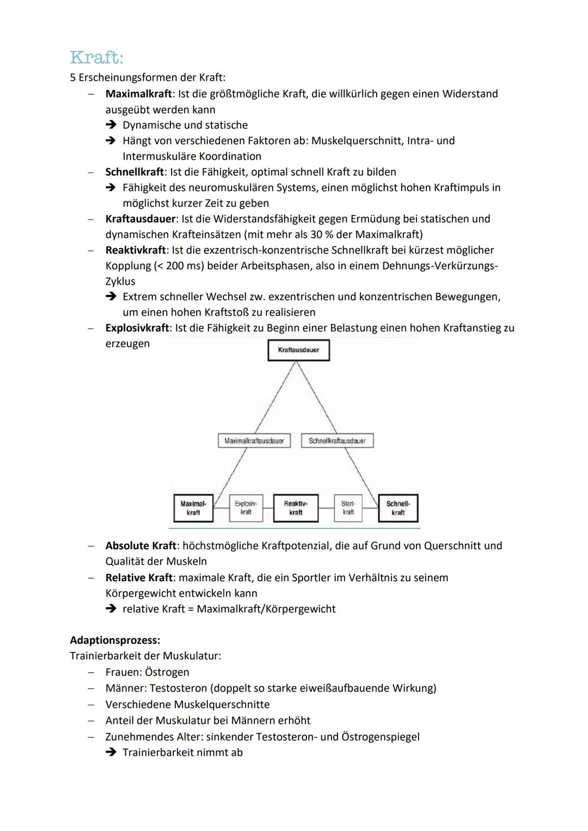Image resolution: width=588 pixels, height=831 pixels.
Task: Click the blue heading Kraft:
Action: click(97, 57)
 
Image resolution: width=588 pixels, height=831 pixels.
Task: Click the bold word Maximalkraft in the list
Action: click(138, 94)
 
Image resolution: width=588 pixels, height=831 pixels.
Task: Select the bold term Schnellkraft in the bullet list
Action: click(134, 172)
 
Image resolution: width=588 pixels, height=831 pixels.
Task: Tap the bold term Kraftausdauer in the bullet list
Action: click(140, 219)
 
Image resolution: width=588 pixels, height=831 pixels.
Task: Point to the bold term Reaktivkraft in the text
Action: click(136, 250)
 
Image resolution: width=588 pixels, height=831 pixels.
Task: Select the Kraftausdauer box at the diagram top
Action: click(298, 350)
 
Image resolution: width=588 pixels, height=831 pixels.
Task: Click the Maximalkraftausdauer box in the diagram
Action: click(254, 441)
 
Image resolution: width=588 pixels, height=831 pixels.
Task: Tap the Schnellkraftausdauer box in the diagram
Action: click(337, 441)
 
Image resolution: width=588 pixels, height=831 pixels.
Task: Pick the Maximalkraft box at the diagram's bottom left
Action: click(193, 508)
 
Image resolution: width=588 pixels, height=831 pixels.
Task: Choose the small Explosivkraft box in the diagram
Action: click(246, 508)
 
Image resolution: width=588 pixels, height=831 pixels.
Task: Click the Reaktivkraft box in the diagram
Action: click(296, 508)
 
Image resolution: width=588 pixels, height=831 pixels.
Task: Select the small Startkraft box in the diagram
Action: click(348, 508)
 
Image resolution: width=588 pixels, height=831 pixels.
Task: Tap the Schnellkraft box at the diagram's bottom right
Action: click(398, 508)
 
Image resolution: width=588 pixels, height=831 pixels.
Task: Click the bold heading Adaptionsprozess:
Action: click(115, 640)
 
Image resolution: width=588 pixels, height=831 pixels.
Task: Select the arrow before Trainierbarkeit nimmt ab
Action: click(111, 753)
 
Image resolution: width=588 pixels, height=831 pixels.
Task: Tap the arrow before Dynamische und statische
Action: click(111, 125)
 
